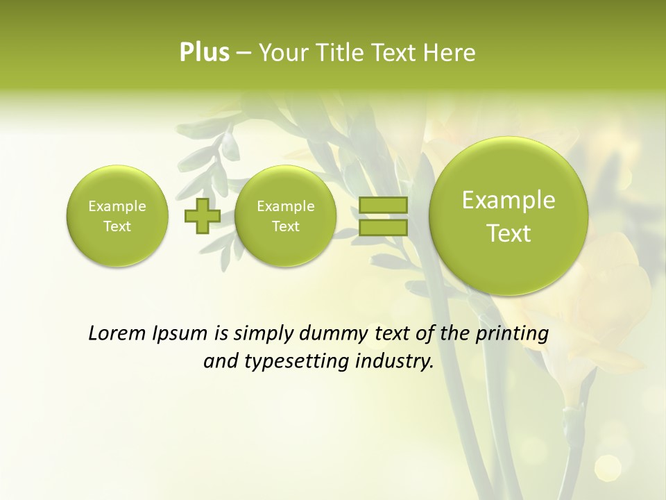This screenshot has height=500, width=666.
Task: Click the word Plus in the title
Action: point(204,53)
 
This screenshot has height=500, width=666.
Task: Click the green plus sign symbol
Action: point(202,215)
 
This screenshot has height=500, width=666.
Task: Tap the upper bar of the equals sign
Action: point(383,205)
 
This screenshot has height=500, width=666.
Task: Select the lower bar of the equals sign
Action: point(383,227)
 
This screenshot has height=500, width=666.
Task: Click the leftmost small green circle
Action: point(117,215)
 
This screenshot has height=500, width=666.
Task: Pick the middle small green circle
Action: point(285,215)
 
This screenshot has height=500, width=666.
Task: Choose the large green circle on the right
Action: point(509,216)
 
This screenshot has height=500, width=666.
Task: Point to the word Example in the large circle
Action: point(509,200)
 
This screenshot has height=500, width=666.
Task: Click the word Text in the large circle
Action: point(509,233)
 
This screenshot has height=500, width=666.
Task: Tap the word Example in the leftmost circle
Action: point(117,206)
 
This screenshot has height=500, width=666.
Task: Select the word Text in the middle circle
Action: point(285,226)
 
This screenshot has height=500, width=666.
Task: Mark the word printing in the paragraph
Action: point(513,333)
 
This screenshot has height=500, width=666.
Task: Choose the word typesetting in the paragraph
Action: point(306,361)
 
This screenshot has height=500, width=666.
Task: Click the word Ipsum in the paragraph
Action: point(179,334)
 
